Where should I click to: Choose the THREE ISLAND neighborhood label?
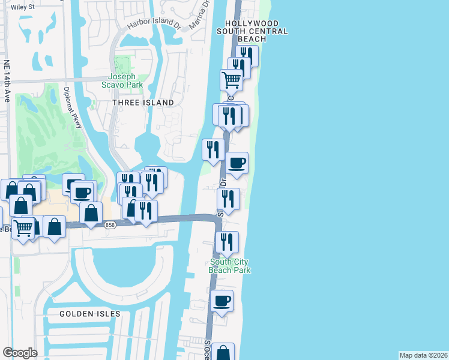[x=143, y=103]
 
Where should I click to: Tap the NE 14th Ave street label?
[x=7, y=80]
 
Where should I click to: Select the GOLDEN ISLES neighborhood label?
[x=90, y=314]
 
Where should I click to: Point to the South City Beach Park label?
[x=229, y=266]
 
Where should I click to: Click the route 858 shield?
[x=110, y=225]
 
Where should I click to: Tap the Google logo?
[x=20, y=353]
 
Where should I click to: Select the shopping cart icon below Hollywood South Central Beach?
[x=231, y=79]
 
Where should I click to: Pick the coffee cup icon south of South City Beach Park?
[x=222, y=300]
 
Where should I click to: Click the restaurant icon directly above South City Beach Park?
[x=227, y=241]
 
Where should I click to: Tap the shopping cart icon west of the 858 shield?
[x=23, y=227]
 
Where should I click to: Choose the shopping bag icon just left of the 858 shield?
[x=90, y=212]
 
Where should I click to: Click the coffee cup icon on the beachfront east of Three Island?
[x=237, y=162]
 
